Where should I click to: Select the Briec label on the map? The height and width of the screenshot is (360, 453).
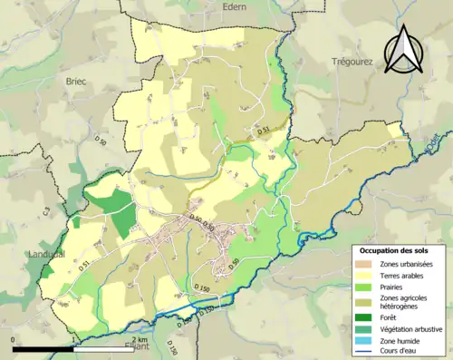pos(75,81)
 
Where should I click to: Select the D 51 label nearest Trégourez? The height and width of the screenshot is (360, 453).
pos(264,131)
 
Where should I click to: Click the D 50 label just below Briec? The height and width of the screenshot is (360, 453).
pos(101,141)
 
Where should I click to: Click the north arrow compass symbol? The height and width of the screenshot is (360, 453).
pos(403,50)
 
